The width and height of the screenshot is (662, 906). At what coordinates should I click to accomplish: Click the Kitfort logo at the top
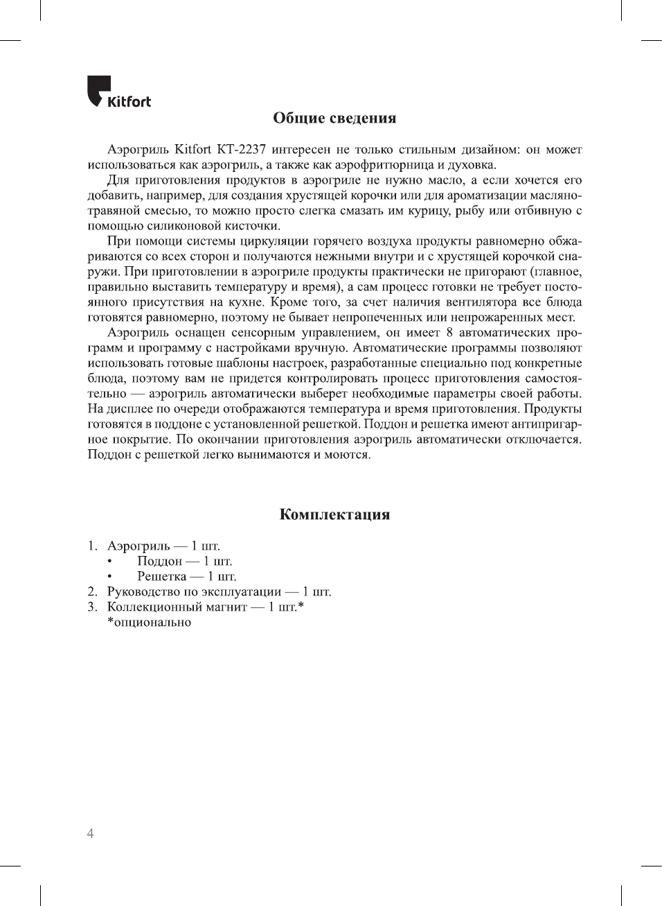pyautogui.click(x=118, y=93)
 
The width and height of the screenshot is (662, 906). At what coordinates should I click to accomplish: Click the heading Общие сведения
pyautogui.click(x=334, y=118)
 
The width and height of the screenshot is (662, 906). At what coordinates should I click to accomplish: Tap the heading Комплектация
pyautogui.click(x=334, y=514)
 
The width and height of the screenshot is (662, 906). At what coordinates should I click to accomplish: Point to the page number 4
pyautogui.click(x=90, y=833)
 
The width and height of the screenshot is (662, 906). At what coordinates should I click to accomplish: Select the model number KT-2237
pyautogui.click(x=241, y=150)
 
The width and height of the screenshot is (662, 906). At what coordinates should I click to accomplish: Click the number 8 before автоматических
pyautogui.click(x=449, y=333)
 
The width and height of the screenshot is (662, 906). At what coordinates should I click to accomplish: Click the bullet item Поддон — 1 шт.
pyautogui.click(x=184, y=561)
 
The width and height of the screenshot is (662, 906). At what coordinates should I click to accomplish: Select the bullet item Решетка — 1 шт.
pyautogui.click(x=186, y=577)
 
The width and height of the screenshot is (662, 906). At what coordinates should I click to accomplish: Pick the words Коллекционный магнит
pyautogui.click(x=177, y=607)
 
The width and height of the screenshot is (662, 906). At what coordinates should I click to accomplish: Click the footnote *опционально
pyautogui.click(x=149, y=622)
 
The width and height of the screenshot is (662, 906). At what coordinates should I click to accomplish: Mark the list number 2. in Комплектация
pyautogui.click(x=92, y=592)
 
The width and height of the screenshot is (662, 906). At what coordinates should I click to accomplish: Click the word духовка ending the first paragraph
pyautogui.click(x=471, y=165)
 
